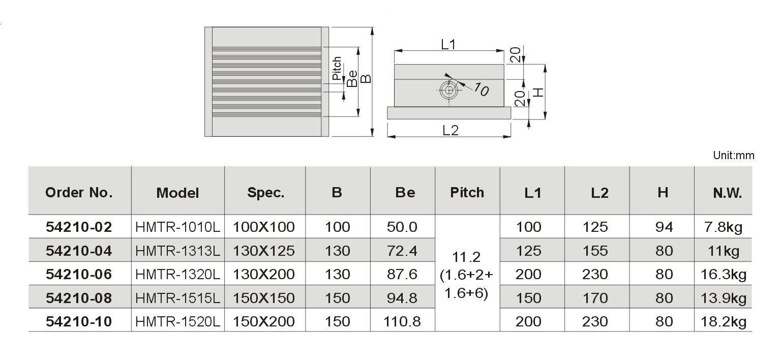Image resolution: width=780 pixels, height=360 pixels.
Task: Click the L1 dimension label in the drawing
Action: pos(448,45)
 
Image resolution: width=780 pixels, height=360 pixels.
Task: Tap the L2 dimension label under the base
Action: pos(451,131)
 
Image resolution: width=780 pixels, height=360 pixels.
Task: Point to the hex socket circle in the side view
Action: pos(449,91)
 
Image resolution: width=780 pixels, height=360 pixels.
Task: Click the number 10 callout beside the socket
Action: pos(481,89)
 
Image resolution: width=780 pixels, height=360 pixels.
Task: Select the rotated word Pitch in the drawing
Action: pos(337,69)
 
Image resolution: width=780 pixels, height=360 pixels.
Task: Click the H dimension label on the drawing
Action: pos(538,93)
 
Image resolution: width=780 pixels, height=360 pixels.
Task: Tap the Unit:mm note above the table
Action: pos(733,155)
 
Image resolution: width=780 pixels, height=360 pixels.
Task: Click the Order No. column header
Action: pos(79,193)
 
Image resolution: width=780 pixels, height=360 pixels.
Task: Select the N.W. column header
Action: pos(727,193)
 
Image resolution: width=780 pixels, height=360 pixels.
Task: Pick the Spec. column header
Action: pos(266,193)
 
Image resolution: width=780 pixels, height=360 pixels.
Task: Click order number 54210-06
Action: pos(79,275)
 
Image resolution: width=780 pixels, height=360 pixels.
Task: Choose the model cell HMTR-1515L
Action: pos(177,298)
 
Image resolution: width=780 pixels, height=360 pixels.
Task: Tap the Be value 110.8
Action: pos(402,321)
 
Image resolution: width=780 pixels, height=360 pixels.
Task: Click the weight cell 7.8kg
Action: pos(723,227)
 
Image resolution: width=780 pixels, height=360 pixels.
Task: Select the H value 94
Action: pos(664,227)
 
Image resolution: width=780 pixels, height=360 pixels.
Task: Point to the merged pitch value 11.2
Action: pos(466,257)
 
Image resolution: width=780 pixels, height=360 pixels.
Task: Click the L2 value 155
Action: pos(595,251)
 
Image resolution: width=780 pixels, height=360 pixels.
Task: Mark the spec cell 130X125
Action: pos(263,251)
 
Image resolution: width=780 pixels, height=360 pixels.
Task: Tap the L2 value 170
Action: pos(595,298)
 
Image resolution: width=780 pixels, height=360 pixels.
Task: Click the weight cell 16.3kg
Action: pos(723,275)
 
